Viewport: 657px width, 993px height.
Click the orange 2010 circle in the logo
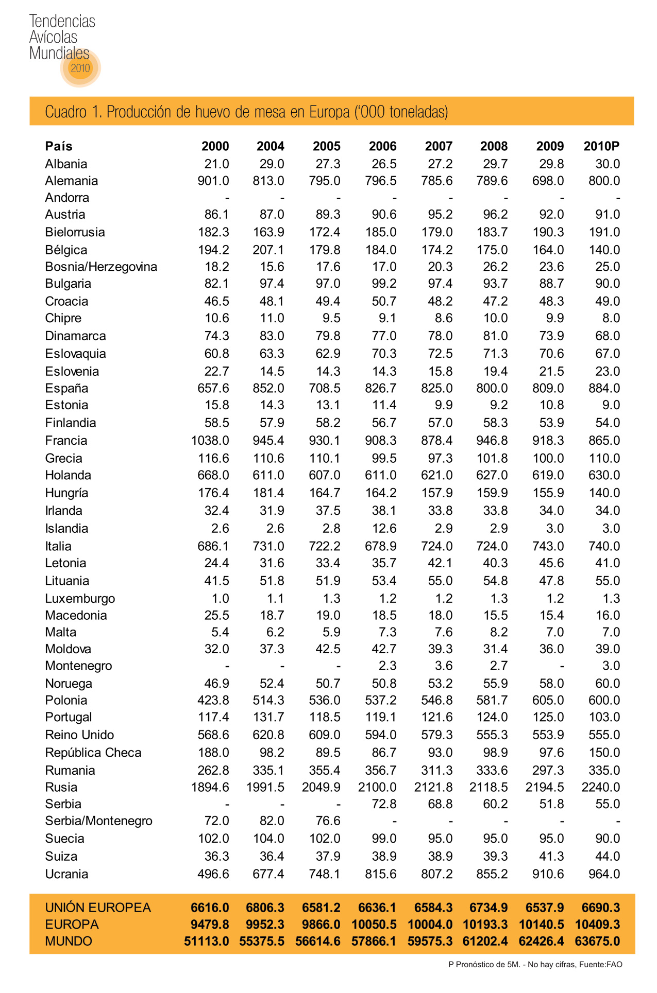point(80,68)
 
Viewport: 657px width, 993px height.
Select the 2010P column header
point(601,146)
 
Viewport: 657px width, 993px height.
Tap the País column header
point(59,146)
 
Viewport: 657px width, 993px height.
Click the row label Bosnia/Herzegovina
point(101,267)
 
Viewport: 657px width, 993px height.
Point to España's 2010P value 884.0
point(604,388)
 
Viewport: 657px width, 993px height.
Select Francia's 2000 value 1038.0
point(210,440)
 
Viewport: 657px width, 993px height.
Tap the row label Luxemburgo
point(80,598)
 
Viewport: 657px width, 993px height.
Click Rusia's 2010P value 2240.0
point(601,787)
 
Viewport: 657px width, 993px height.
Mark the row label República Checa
point(93,753)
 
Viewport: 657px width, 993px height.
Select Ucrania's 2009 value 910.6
point(548,874)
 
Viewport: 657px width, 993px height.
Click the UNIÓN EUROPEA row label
point(98,908)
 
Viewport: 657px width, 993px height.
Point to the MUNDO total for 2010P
point(601,942)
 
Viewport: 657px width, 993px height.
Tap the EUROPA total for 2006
point(374,925)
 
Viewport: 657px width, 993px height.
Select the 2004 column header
point(270,146)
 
